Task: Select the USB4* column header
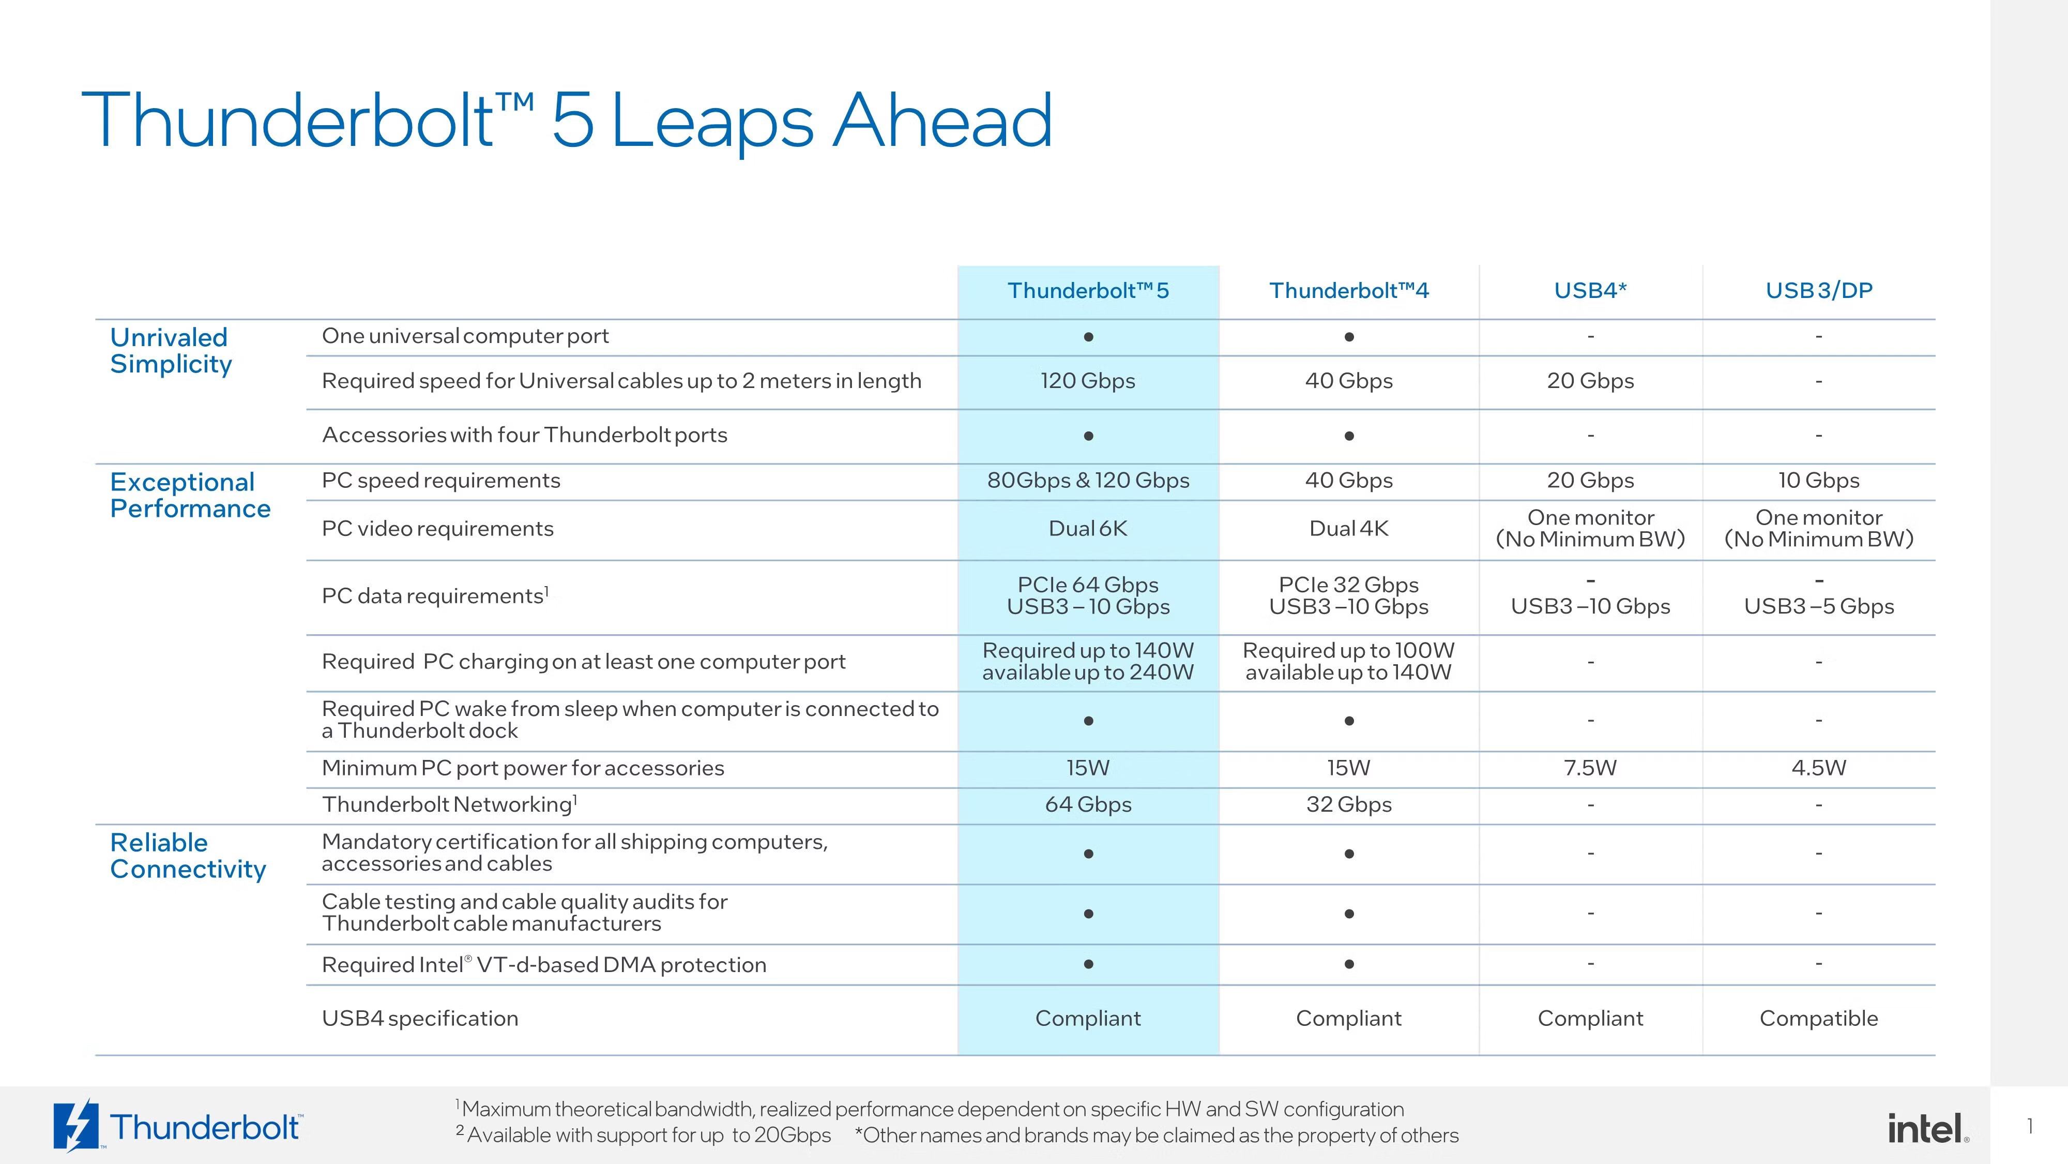coord(1590,290)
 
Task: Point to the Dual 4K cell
coord(1349,529)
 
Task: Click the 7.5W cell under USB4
coord(1590,768)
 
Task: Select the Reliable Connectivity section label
coord(188,856)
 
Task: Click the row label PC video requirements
coord(437,529)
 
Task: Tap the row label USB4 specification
coord(420,1019)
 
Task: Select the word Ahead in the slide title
coord(942,121)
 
